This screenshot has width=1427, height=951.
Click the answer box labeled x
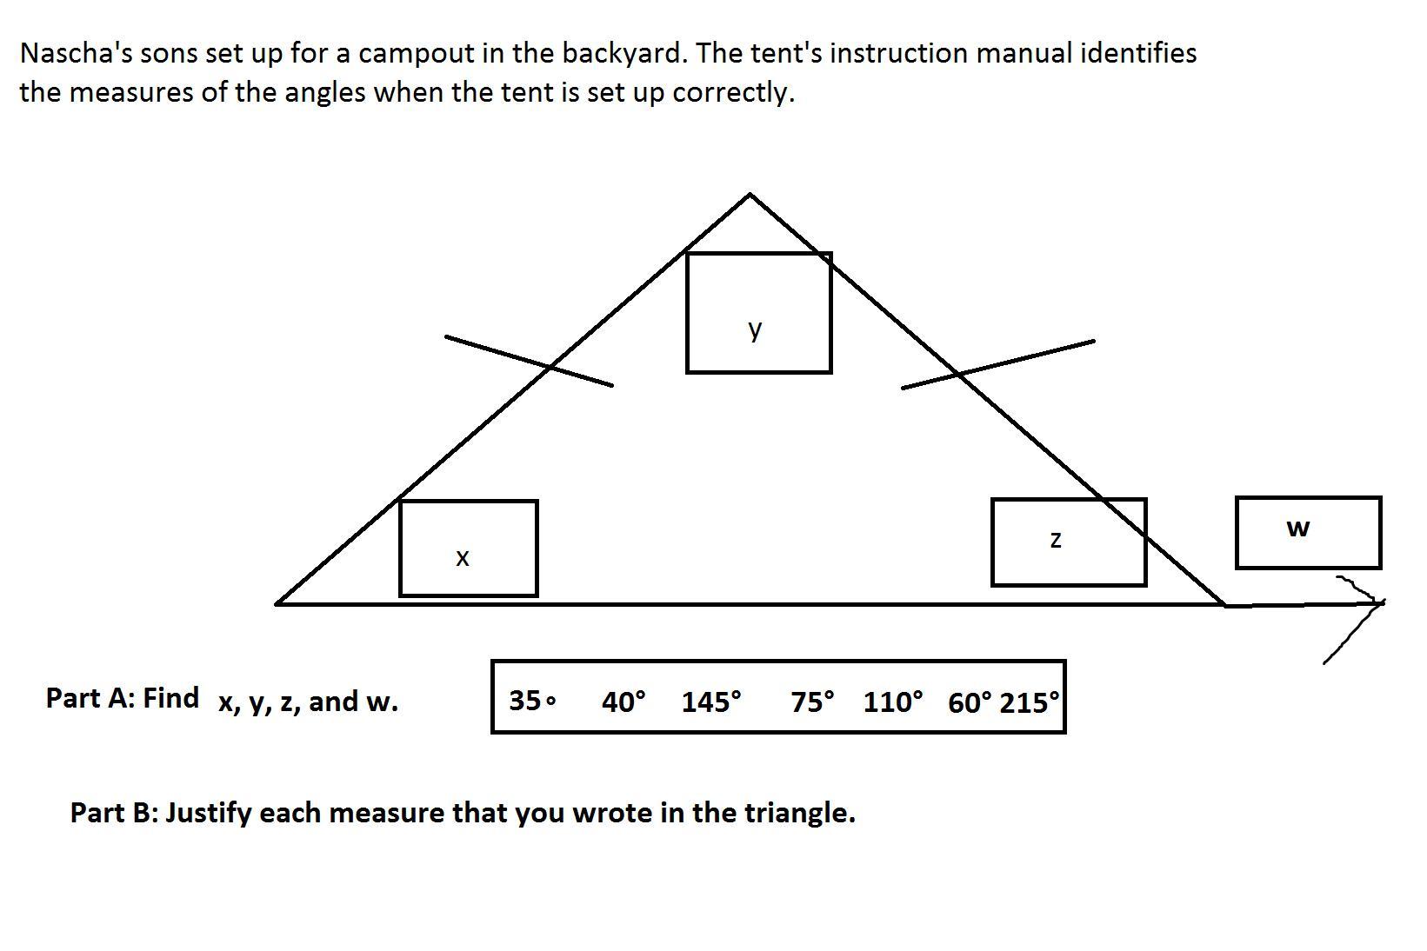[468, 549]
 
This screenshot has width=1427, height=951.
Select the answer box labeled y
[758, 313]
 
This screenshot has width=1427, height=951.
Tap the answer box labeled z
[1068, 542]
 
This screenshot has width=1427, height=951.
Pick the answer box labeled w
[1307, 532]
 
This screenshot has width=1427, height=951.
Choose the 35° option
[531, 700]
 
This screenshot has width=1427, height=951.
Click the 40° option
[623, 701]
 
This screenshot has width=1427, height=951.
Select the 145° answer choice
[711, 701]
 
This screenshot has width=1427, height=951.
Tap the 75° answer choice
[812, 701]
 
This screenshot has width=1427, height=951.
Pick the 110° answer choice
[893, 701]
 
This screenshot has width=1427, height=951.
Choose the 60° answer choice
[970, 702]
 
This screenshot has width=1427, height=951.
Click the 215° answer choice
[1030, 702]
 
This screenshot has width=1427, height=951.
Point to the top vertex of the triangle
[750, 195]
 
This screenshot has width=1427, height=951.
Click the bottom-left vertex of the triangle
[277, 602]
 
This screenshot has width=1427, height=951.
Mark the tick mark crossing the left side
[529, 361]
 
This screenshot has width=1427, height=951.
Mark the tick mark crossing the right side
[997, 364]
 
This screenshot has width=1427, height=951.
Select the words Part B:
[114, 813]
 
